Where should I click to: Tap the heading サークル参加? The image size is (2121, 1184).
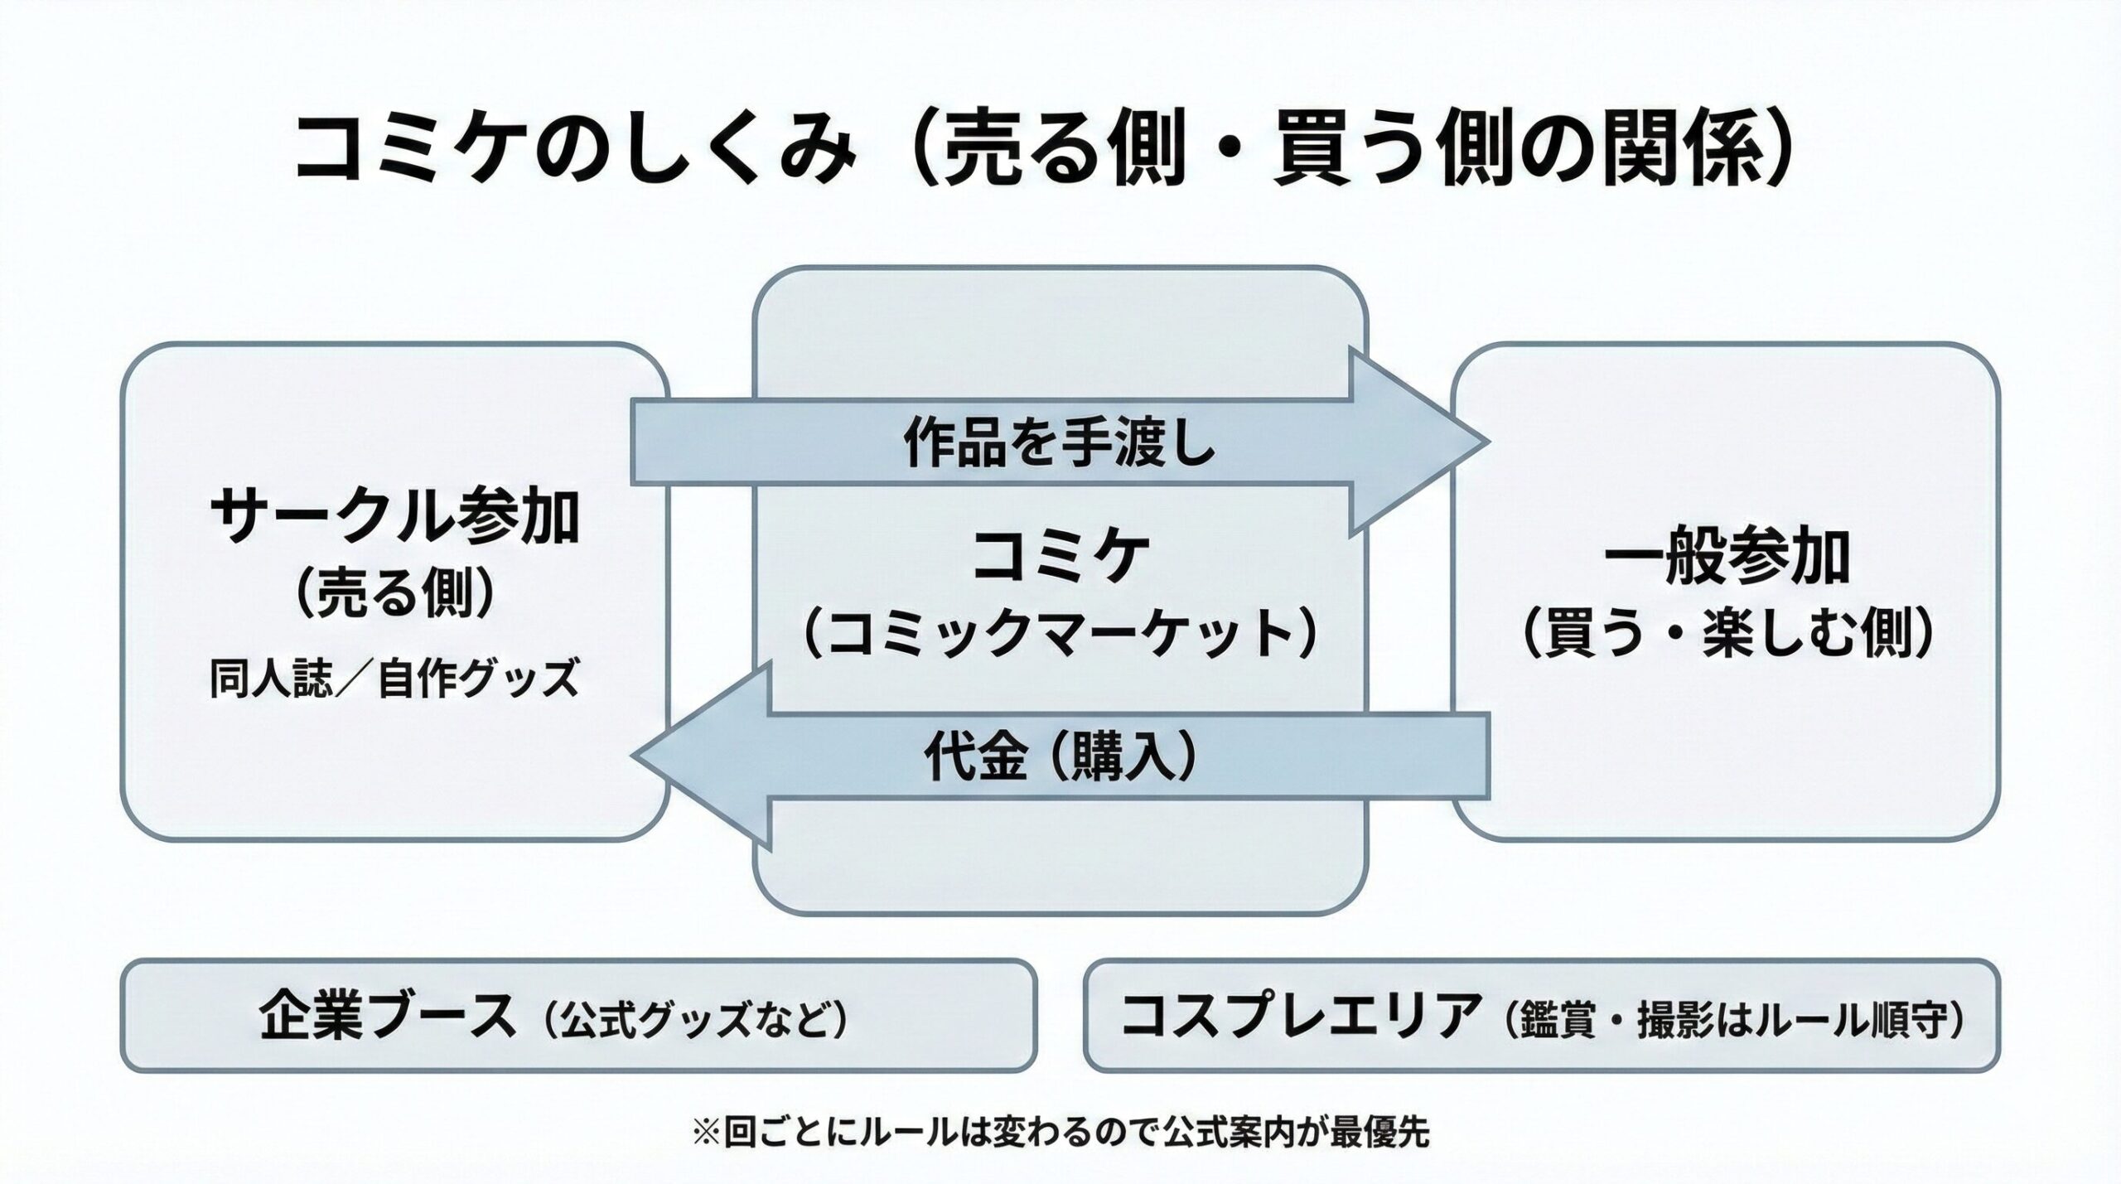coord(395,516)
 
